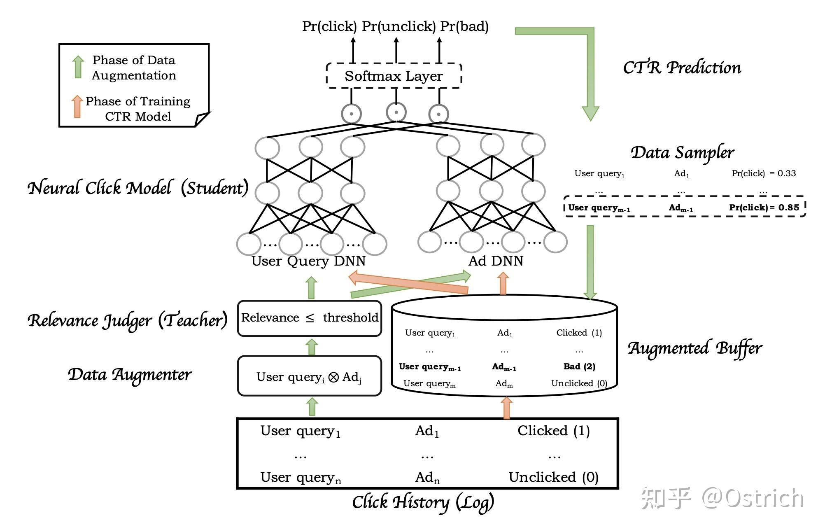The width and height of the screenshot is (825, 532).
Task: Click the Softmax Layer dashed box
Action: point(394,76)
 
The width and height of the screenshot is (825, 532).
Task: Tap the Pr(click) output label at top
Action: point(329,26)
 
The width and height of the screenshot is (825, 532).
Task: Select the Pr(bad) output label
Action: point(464,26)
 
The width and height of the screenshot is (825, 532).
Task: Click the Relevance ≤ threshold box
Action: point(310,318)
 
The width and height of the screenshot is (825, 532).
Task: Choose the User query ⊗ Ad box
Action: point(310,376)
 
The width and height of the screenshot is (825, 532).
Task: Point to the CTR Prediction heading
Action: point(682,68)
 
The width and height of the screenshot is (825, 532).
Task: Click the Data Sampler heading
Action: point(682,153)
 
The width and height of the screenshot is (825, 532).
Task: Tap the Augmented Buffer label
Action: point(694,348)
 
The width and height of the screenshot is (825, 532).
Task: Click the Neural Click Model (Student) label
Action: point(138,188)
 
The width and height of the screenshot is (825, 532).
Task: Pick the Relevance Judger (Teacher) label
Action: point(128,320)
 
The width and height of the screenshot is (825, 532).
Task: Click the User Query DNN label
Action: point(308,261)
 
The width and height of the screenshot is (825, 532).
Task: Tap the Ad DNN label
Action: point(496,261)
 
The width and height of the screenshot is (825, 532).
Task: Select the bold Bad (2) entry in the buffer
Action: point(579,366)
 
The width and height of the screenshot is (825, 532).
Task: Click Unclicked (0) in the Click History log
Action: point(553,477)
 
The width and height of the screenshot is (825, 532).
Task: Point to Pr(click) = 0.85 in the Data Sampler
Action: point(764,208)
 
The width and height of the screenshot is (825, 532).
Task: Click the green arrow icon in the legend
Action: point(78,67)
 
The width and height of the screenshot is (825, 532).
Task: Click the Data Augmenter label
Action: point(130,375)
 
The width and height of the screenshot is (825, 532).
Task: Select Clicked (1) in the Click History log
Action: point(553,431)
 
